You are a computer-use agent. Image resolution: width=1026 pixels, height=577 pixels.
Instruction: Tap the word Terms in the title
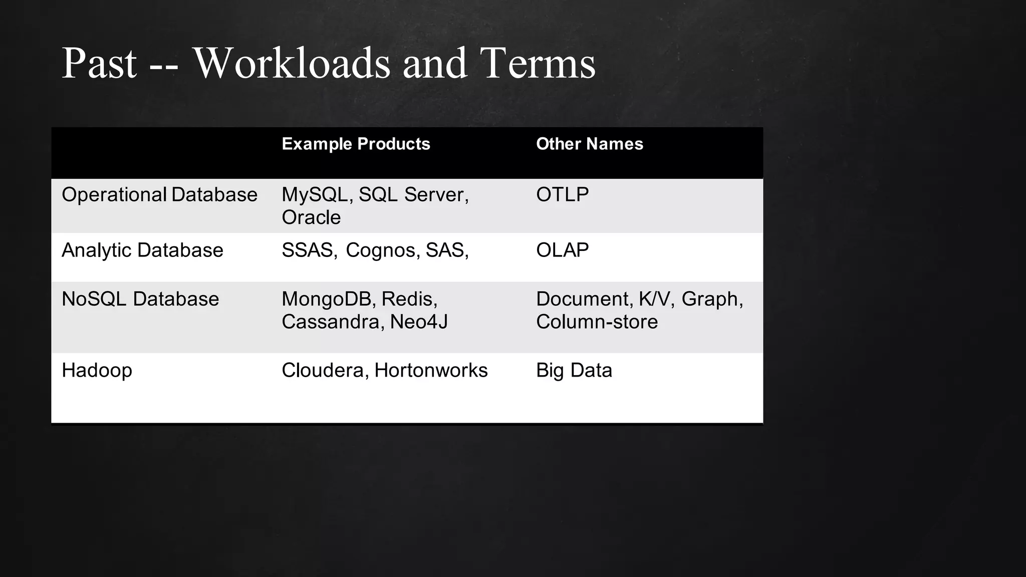point(538,63)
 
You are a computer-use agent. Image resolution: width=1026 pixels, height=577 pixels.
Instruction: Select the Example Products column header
point(356,144)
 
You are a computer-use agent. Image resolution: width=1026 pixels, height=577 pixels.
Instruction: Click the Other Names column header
point(589,144)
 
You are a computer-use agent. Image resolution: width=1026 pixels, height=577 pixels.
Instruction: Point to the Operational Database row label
point(159,194)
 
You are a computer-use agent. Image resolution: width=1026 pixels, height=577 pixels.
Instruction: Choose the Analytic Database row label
point(142,250)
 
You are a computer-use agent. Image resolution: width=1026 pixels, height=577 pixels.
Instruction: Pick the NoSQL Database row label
point(140,299)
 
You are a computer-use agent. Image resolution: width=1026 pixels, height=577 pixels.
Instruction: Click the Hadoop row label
point(97,371)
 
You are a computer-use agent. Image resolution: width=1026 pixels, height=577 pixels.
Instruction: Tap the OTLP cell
point(562,194)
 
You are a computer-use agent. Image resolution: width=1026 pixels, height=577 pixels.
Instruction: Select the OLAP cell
point(562,250)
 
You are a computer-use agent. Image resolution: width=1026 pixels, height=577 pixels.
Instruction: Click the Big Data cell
point(574,371)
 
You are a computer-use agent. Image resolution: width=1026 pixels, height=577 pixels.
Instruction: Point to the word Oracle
point(311,217)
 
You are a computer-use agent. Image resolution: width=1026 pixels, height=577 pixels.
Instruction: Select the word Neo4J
point(419,322)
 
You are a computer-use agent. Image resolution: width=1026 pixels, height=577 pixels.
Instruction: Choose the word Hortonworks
point(431,371)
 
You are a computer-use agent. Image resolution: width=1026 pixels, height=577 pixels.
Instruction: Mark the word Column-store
point(597,322)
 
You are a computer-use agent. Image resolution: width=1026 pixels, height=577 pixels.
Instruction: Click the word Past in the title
point(99,63)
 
